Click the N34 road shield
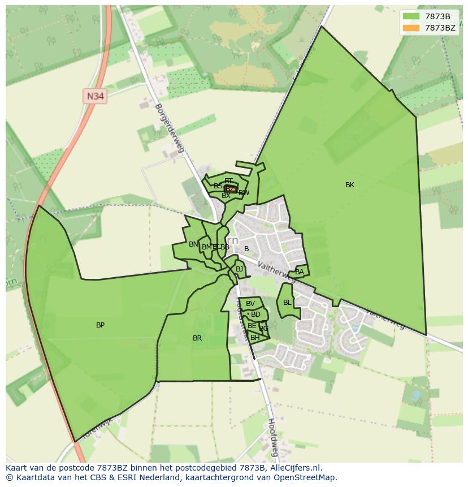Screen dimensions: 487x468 click(95, 96)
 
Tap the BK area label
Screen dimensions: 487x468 click(350, 185)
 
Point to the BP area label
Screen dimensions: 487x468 click(100, 325)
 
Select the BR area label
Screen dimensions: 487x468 click(197, 338)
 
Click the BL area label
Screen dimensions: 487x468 click(287, 303)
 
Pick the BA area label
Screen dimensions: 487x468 click(300, 272)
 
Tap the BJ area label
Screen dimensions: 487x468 click(239, 269)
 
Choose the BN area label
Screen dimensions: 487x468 click(193, 244)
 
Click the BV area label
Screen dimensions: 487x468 click(250, 304)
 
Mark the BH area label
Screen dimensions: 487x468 click(255, 338)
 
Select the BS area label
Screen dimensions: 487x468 click(218, 186)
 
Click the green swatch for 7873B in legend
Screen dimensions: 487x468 click(411, 16)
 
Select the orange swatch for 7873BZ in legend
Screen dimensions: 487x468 click(411, 28)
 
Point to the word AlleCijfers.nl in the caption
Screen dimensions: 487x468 click(295, 468)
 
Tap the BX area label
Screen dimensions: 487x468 click(226, 196)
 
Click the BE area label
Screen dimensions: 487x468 click(252, 326)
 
